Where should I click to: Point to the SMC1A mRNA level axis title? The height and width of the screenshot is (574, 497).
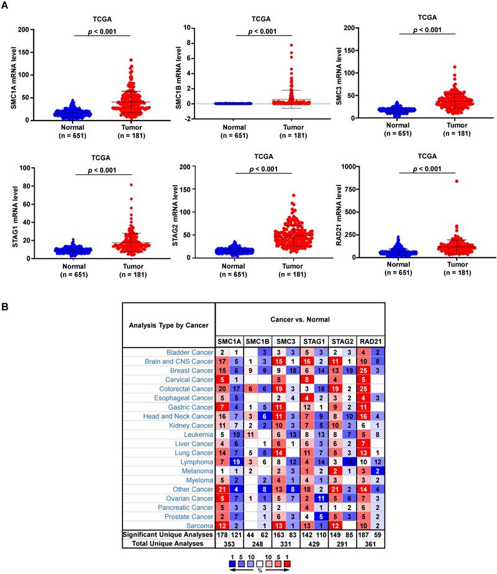[x=12, y=75]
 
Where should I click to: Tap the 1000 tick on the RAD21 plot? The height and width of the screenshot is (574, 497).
[x=358, y=167]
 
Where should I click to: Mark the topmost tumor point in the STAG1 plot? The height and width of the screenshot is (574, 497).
[x=113, y=185]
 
